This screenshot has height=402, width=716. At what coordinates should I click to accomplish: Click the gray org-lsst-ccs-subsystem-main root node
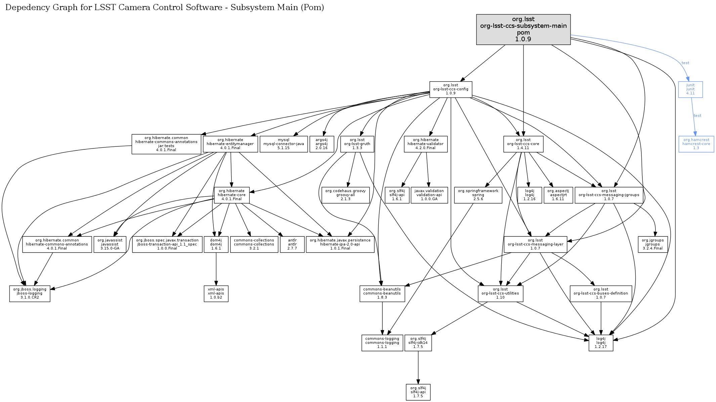[x=523, y=29]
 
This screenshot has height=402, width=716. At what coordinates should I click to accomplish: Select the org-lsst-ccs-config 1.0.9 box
[x=451, y=89]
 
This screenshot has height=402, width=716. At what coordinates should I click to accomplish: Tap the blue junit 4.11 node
[x=690, y=89]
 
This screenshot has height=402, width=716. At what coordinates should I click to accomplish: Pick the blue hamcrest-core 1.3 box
[x=696, y=144]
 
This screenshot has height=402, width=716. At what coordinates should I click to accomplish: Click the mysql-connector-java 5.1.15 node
[x=284, y=144]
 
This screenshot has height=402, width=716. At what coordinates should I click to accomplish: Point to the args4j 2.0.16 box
[x=321, y=144]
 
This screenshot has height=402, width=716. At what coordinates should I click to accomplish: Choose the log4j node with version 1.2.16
[x=530, y=195]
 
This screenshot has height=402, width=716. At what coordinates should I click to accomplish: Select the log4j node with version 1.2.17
[x=600, y=343]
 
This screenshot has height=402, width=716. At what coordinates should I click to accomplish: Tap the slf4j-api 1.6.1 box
[x=397, y=195]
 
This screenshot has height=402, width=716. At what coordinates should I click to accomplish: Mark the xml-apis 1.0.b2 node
[x=216, y=294]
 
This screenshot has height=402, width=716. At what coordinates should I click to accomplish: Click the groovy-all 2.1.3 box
[x=345, y=195]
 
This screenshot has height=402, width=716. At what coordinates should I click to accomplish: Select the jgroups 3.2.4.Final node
[x=652, y=244]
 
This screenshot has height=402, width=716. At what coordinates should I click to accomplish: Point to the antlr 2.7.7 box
[x=292, y=244]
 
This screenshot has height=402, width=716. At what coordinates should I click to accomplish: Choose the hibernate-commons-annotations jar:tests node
[x=166, y=144]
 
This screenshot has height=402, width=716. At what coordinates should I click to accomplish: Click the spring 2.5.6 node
[x=478, y=195]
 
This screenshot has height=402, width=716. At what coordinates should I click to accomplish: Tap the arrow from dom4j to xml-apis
[x=216, y=269]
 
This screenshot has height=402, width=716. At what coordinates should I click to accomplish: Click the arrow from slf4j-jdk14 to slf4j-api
[x=418, y=367]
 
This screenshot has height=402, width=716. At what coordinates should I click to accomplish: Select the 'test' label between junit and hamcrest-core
[x=698, y=116]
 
